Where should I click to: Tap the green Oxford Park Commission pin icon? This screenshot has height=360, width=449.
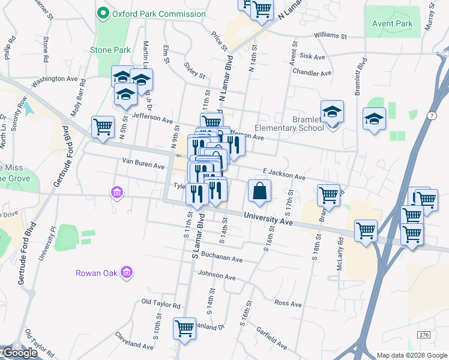[103, 13]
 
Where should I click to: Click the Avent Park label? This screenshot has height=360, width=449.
[392, 23]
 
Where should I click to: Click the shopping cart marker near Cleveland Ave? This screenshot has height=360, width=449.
[184, 328]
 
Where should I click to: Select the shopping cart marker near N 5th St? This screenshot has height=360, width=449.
[103, 127]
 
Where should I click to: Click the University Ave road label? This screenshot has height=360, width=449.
[268, 218]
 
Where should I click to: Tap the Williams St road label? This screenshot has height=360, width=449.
[330, 37]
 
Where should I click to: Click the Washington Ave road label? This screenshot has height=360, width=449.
[55, 79]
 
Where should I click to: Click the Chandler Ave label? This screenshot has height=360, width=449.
[312, 73]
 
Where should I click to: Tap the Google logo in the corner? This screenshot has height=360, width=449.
[20, 353]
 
